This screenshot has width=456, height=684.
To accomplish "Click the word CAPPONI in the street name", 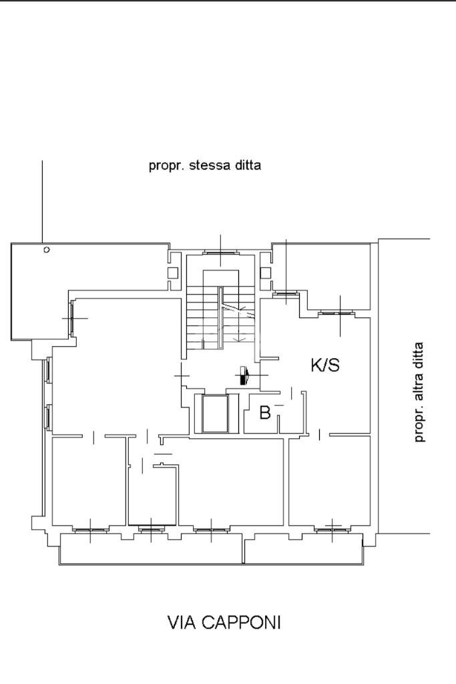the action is coord(242,623).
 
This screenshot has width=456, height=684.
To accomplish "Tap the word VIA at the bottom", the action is coord(183,623).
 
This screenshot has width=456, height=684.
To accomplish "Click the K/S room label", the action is coord(325,365).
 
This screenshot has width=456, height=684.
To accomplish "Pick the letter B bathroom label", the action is coord(264,412).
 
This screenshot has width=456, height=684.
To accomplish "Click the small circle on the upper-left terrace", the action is coord(47,250).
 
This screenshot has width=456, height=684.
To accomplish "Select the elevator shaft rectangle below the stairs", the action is coord(216,413).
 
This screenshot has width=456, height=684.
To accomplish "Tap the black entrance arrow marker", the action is coord(244,376).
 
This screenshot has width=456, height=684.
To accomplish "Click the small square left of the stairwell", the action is coord(173,273).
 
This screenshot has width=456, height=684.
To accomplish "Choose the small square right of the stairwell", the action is coord(266,273).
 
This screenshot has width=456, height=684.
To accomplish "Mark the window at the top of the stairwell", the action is coord(220,252).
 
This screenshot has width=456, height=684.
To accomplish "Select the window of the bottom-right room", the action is coord(332,530).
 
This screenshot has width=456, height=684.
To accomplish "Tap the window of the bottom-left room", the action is coord(90,530).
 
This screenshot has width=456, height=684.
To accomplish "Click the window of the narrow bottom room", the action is coord(151,530).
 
